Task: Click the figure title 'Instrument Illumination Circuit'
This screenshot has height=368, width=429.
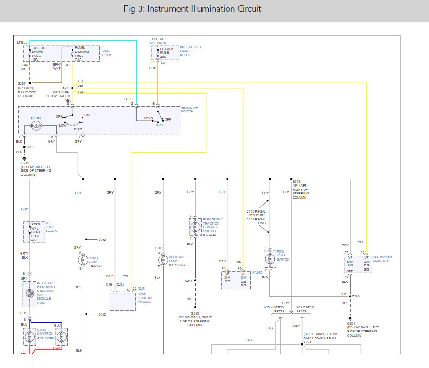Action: click(x=204, y=9)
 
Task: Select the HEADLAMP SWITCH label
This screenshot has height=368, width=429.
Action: click(x=189, y=109)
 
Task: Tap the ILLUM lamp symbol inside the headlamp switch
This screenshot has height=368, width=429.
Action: click(x=36, y=126)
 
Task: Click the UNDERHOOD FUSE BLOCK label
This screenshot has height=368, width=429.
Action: click(x=190, y=51)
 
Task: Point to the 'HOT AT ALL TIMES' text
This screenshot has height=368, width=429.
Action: click(x=158, y=41)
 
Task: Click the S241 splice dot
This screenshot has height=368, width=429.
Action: click(x=72, y=88)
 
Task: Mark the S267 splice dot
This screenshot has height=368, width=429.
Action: click(x=30, y=83)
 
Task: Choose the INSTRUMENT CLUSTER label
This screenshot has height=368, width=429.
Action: click(x=383, y=259)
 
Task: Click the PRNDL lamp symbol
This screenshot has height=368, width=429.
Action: click(x=83, y=260)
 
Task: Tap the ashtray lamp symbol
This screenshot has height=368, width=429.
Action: click(x=163, y=260)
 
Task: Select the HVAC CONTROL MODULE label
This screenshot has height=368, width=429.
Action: click(x=145, y=298)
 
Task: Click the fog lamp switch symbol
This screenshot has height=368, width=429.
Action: click(x=270, y=259)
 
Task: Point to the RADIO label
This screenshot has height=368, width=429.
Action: click(x=257, y=272)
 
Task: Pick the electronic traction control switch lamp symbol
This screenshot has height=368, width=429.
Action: click(x=195, y=227)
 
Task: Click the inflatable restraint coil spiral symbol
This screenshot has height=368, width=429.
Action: click(x=30, y=293)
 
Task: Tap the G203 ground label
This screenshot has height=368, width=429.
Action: click(x=195, y=314)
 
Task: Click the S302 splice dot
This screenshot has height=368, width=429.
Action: click(x=302, y=344)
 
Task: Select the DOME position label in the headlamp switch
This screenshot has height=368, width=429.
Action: click(x=87, y=115)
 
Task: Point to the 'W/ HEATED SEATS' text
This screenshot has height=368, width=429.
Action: click(x=305, y=309)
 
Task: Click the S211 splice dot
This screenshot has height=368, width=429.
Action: click(x=195, y=281)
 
